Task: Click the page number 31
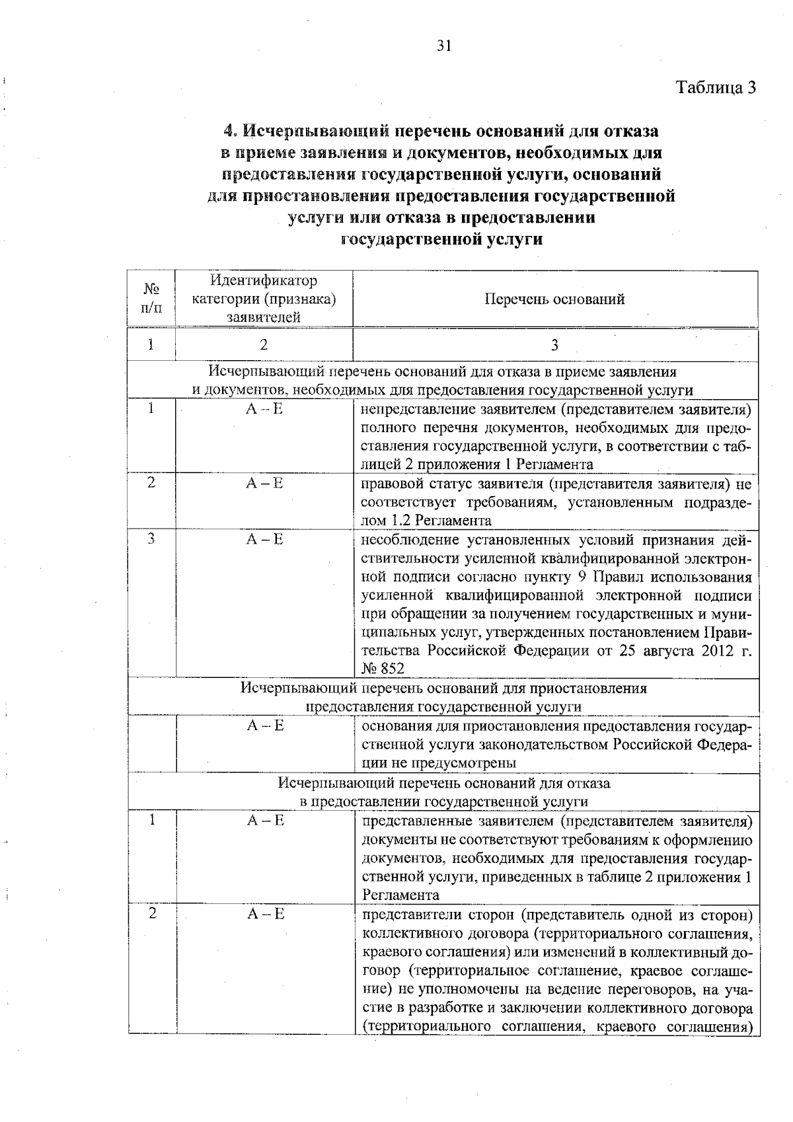(x=443, y=46)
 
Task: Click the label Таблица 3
(x=715, y=87)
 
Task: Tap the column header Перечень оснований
(x=554, y=299)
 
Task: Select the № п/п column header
(x=151, y=299)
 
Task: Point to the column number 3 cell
(x=554, y=345)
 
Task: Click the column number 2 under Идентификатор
(x=264, y=345)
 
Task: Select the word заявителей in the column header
(x=264, y=317)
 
